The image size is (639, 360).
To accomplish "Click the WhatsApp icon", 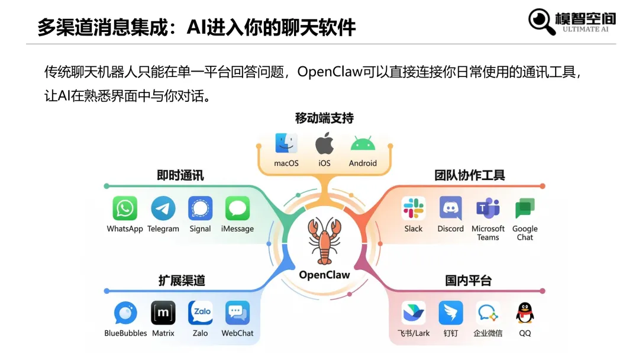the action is [125, 209].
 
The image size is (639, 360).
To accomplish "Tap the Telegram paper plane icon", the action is [163, 209].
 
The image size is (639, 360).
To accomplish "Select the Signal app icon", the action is [201, 209].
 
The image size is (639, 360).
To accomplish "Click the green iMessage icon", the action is [237, 209].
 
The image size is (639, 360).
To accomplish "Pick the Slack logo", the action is [414, 209].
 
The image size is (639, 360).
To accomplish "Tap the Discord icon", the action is [451, 209].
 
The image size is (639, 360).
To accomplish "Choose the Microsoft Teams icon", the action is [488, 208].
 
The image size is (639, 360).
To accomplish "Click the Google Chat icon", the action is [525, 209].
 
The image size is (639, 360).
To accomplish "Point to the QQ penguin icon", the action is [525, 313].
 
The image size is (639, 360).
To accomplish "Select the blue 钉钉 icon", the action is [451, 313].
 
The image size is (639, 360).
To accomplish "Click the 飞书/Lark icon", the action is [414, 313].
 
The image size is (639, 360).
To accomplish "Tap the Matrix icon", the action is [163, 313].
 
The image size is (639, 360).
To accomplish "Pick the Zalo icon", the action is [201, 313].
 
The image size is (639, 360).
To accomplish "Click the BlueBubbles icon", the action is [125, 313].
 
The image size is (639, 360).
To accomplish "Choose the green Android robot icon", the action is [363, 144].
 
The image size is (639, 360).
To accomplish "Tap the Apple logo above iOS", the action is [324, 144].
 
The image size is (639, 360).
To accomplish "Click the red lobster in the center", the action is [324, 240].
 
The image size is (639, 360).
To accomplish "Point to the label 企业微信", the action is [488, 333].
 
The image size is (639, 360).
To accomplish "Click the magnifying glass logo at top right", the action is [541, 21].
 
